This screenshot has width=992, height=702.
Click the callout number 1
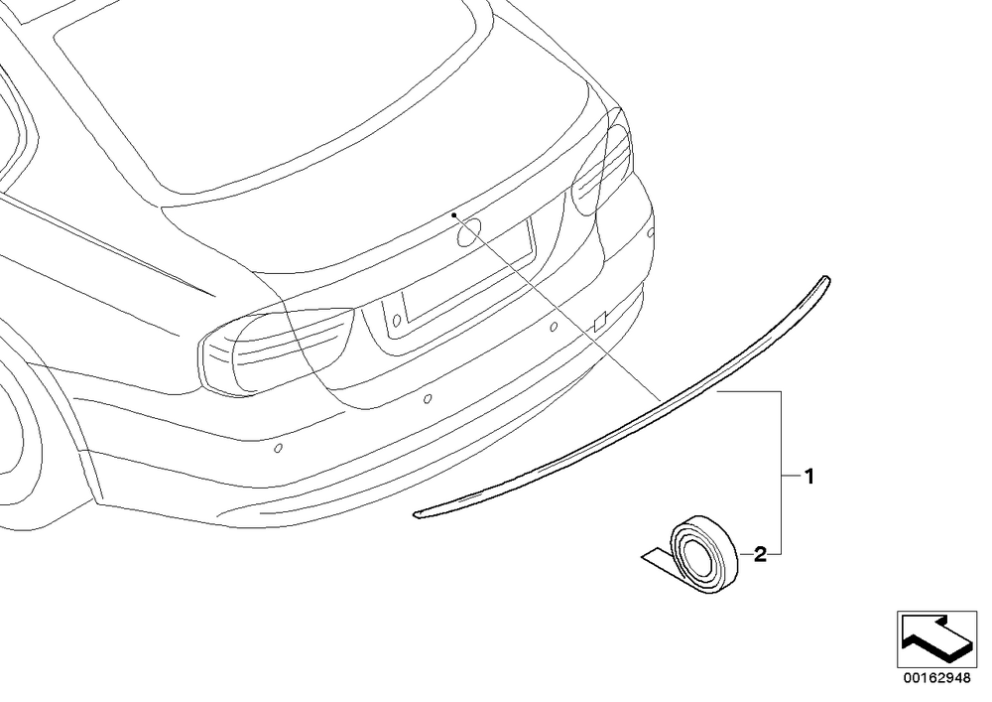(808, 476)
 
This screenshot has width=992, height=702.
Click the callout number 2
(761, 554)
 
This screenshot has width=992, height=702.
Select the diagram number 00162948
(936, 678)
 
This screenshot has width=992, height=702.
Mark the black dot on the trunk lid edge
(453, 215)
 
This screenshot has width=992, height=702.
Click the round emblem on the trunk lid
(469, 232)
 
